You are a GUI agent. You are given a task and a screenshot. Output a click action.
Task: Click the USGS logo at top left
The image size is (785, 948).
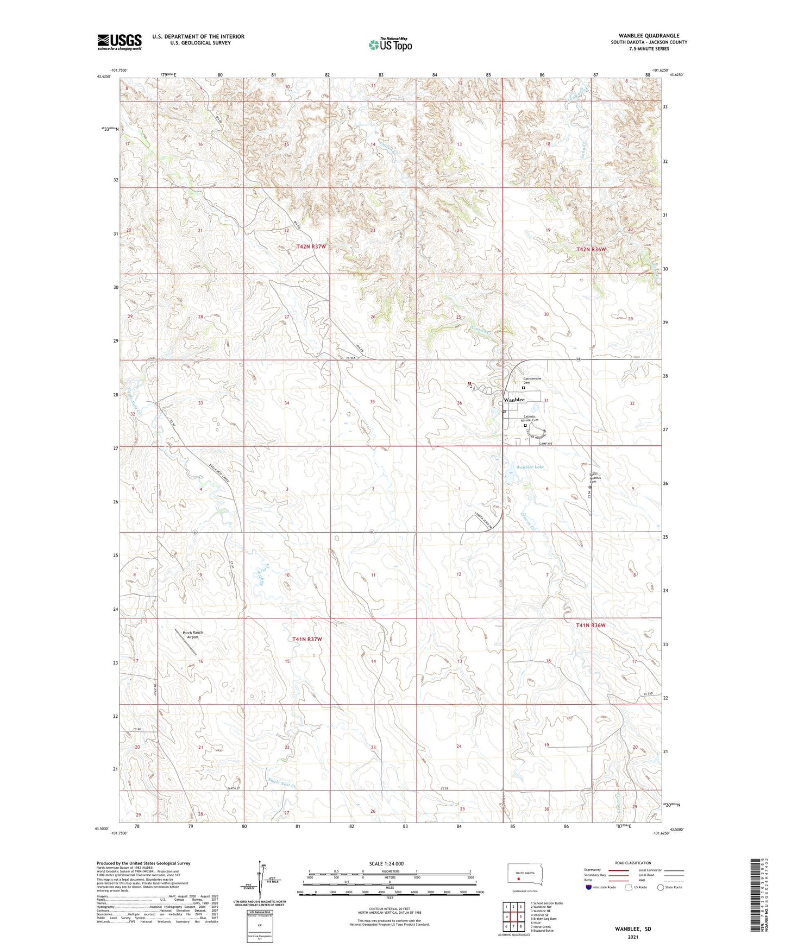coord(120,42)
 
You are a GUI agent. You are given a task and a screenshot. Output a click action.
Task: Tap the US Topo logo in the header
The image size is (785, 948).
coord(390,44)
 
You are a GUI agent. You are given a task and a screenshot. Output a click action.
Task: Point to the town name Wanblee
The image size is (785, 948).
coord(514,400)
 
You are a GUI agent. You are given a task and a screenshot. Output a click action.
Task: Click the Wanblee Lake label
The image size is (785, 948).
coord(530,467)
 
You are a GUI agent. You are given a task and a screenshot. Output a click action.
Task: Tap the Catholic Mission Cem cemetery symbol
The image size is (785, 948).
coord(525,426)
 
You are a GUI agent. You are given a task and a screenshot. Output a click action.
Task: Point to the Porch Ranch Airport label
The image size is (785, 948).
coord(192,635)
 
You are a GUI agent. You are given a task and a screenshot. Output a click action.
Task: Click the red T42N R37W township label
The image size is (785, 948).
coord(311,247)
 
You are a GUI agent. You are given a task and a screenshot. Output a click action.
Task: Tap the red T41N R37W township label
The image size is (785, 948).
coord(307,640)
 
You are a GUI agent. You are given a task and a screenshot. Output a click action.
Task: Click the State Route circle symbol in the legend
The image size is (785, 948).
coord(661,887)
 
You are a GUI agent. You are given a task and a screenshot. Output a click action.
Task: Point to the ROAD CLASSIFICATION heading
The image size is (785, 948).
coord(633,863)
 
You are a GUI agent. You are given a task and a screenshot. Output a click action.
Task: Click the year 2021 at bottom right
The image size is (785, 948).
coord(633,937)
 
